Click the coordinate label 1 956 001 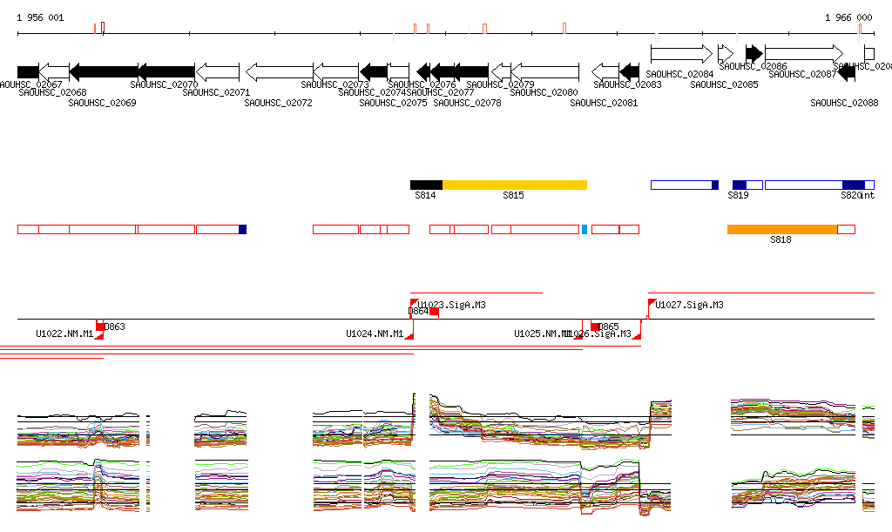(x=40, y=17)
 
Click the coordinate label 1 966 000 (x=848, y=17)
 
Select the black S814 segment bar (x=426, y=185)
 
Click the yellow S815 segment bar (x=514, y=185)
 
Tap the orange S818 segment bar (x=781, y=229)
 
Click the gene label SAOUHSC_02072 (x=278, y=103)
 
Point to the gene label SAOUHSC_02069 (x=102, y=103)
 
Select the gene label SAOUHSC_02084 (x=680, y=74)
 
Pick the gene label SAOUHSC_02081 (x=604, y=103)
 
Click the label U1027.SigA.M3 (x=689, y=305)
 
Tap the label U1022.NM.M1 (x=64, y=333)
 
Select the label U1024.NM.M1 (x=375, y=333)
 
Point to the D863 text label (x=115, y=327)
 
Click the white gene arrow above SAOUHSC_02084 (x=681, y=53)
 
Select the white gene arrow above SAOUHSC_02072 (x=279, y=71)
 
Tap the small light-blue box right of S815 (x=585, y=229)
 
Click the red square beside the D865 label (x=596, y=326)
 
